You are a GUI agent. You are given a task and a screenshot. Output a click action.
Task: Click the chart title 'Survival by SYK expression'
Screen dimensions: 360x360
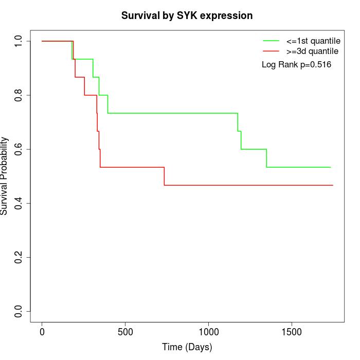187,16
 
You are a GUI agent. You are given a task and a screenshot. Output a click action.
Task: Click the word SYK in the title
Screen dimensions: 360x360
188,16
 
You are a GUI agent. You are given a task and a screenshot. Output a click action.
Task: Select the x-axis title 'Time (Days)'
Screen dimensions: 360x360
187,347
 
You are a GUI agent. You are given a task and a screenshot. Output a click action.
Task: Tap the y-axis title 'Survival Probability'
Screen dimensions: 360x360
5,176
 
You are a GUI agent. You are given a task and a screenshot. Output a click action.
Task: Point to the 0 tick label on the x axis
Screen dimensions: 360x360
42,331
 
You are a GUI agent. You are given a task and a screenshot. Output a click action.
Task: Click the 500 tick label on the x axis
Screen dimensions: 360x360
125,331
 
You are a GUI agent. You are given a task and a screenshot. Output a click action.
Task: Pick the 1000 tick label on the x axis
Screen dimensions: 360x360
208,331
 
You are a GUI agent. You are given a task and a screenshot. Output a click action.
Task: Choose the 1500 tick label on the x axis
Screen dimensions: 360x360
292,331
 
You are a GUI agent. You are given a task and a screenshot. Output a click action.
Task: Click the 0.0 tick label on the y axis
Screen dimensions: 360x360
19,311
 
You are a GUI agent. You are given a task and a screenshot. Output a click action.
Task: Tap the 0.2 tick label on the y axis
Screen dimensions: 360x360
19,257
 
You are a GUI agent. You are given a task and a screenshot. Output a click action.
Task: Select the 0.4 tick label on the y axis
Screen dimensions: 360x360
19,203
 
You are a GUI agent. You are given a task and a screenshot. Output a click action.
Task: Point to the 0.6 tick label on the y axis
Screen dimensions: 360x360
19,149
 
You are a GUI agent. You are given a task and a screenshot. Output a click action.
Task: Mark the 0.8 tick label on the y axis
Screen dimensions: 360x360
19,95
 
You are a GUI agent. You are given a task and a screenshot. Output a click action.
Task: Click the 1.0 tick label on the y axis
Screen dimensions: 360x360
19,41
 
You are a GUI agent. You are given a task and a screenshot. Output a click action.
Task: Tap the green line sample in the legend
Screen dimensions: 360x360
271,41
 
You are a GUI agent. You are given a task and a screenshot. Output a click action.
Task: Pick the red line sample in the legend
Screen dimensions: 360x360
271,51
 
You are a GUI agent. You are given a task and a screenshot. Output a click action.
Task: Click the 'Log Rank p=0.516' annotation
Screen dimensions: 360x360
296,65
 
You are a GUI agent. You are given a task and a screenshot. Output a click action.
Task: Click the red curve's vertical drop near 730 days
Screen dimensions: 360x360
164,176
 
